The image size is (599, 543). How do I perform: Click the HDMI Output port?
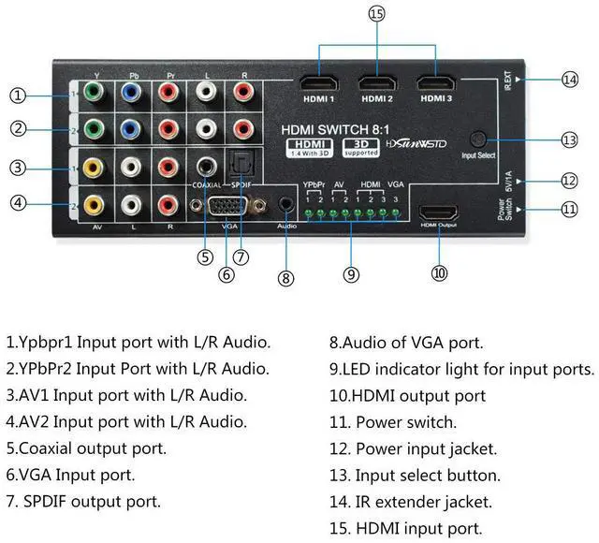pos(438,212)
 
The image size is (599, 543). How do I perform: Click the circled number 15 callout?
pos(377,14)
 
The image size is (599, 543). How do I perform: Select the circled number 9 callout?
pos(351,274)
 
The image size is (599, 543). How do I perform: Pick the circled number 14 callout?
pos(569,80)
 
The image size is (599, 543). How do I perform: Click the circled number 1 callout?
pos(17,95)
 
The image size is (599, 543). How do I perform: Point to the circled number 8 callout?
pos(285,277)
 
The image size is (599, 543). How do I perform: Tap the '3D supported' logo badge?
pos(361,147)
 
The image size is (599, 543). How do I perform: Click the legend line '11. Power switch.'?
pos(392,422)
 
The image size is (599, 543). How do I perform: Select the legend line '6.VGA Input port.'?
pos(70,476)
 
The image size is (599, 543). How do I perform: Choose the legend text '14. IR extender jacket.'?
pos(409,503)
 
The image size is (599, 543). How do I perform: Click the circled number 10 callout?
pos(439,272)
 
